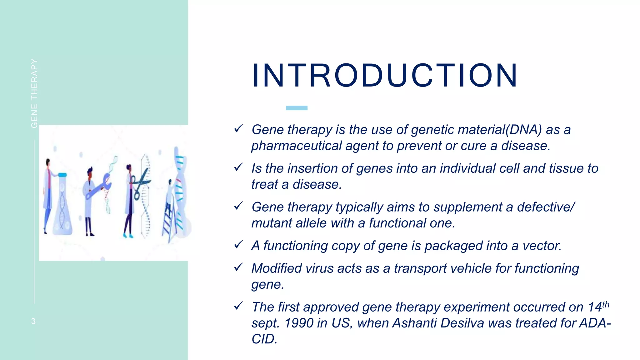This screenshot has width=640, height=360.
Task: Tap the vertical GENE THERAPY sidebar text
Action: [34, 93]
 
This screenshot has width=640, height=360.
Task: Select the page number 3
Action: [33, 321]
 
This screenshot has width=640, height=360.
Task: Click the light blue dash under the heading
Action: [297, 108]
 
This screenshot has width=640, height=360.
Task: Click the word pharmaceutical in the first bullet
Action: [296, 146]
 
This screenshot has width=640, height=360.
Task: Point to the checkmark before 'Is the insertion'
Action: [238, 167]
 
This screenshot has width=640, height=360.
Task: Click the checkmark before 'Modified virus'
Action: [238, 267]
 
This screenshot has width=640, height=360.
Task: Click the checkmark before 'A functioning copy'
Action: [238, 245]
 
